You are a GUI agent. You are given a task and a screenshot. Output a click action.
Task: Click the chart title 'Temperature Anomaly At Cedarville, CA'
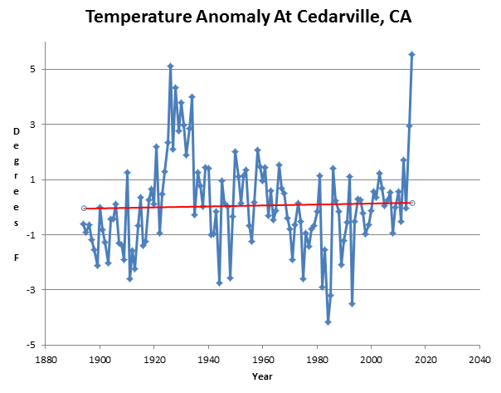tap(250, 17)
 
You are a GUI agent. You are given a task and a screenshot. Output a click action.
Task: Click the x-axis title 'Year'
tap(262, 376)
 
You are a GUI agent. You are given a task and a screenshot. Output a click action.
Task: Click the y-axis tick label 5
tap(30, 70)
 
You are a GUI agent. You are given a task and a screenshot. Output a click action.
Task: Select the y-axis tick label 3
tap(30, 125)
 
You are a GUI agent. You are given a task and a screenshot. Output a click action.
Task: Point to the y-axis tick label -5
tap(28, 345)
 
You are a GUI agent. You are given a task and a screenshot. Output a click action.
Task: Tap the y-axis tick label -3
tap(28, 290)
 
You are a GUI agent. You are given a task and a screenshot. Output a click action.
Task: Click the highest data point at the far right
tap(412, 55)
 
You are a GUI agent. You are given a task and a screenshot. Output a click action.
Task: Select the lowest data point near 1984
tap(328, 322)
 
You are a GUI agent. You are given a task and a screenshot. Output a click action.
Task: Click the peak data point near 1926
tap(170, 66)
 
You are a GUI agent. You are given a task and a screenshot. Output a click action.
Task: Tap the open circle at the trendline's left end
tap(84, 208)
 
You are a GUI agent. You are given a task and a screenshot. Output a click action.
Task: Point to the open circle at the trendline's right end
tap(412, 203)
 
